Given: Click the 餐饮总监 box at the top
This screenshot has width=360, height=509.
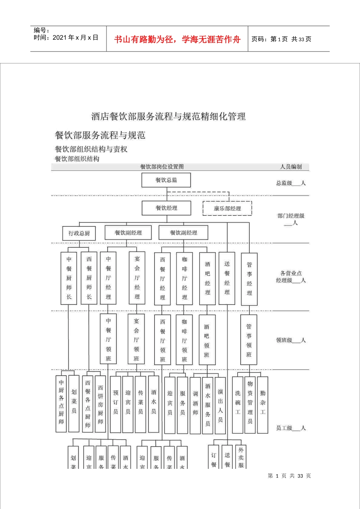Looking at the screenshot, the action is pos(166,180).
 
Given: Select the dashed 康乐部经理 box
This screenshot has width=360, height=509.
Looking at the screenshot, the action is pos(227,208).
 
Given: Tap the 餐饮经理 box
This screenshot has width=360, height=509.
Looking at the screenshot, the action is pos(166,208).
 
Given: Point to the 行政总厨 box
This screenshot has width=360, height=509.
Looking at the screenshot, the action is pos(79,233).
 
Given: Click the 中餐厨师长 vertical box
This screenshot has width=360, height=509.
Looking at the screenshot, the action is pos(69,278).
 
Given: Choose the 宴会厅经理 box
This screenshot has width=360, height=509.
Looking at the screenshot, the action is pos(137,278).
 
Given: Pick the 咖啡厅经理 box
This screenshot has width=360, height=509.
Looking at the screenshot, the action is pos(185,278).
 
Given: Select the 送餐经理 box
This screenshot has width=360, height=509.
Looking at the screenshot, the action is pos(227,278).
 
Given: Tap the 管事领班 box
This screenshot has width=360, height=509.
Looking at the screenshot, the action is pos(249,340).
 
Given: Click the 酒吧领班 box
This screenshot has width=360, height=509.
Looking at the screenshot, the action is pos(207,340).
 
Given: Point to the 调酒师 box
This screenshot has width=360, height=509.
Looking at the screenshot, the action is pos(195,405).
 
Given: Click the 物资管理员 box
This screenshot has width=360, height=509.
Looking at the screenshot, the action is pos(250,404).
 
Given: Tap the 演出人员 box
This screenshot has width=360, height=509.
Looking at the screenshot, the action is pos(220,404).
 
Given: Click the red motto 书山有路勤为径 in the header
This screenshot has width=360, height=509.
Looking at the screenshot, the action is pos(177,39).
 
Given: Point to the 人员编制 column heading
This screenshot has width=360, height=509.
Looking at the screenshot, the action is pos(291,167).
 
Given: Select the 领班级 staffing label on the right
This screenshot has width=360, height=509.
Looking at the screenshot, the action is pos(290,340).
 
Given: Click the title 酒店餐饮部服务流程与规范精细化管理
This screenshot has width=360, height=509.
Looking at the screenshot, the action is pos(168,116).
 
